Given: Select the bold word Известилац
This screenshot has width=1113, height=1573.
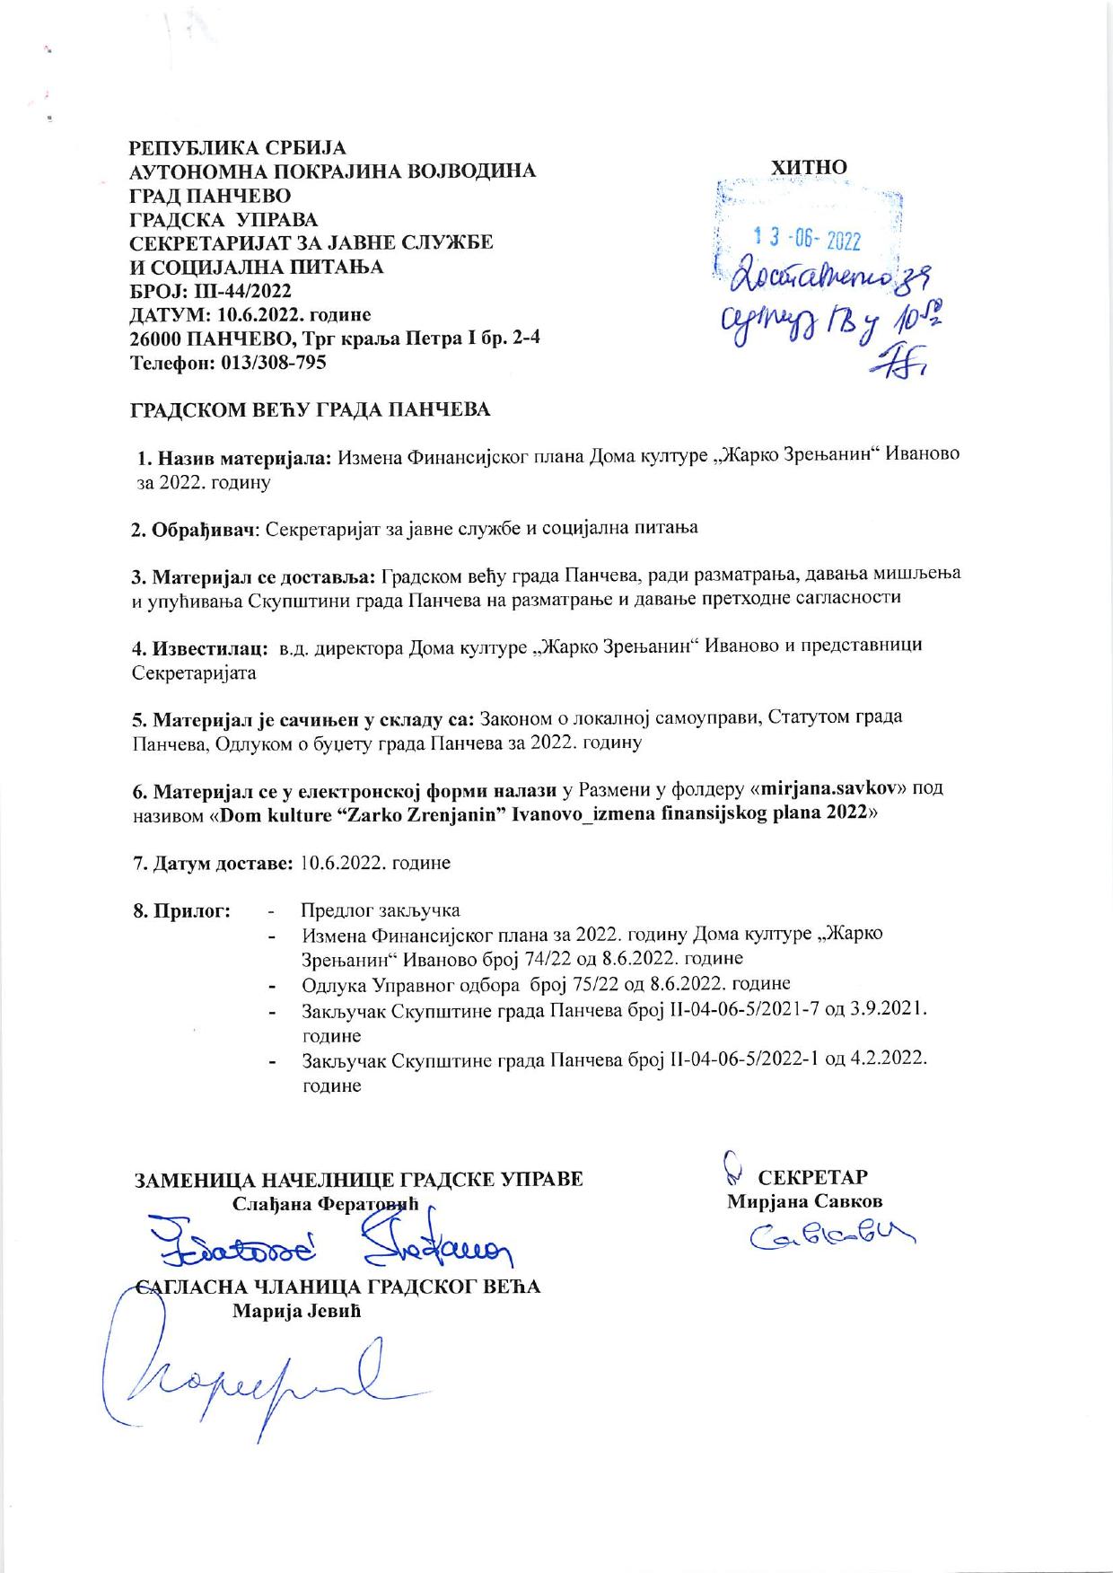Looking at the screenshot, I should (204, 646).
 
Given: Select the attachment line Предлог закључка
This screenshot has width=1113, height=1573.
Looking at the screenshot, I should (381, 910).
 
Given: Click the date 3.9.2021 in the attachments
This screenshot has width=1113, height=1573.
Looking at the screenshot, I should (886, 1009).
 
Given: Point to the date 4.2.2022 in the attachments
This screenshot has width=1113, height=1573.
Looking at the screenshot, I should (886, 1059).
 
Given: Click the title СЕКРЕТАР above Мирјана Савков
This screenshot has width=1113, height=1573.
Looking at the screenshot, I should (813, 1177).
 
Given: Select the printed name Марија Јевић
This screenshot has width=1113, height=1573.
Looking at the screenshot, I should (297, 1312).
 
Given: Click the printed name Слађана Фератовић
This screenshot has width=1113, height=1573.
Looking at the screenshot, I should (326, 1204).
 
